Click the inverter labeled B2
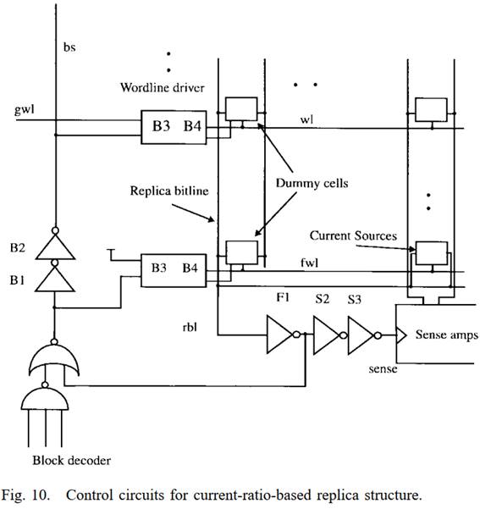point(55,246)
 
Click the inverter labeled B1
point(55,279)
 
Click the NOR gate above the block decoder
point(54,359)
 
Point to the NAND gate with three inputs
point(45,398)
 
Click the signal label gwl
point(24,109)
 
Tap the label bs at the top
point(69,47)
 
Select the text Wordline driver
point(163,87)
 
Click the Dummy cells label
point(312,183)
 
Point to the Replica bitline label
point(169,191)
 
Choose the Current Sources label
point(353,235)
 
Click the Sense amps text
point(447,335)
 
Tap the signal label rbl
point(190,327)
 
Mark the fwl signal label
point(309,263)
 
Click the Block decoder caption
point(71,461)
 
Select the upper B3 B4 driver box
point(174,127)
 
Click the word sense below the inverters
point(383,368)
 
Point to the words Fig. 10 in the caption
point(26,495)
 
